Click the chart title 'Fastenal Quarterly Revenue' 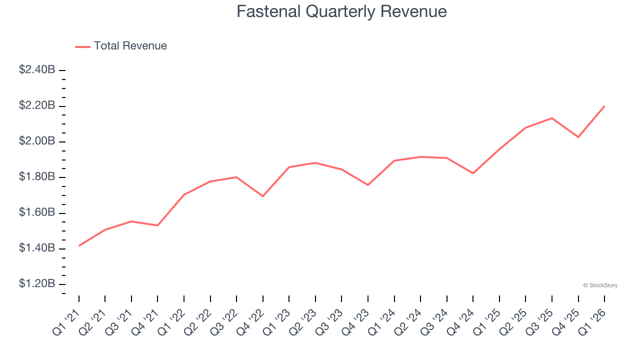pyautogui.click(x=341, y=11)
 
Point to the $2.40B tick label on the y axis pyautogui.click(x=37, y=70)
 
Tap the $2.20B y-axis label pyautogui.click(x=37, y=105)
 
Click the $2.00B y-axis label pyautogui.click(x=37, y=141)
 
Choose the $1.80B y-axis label pyautogui.click(x=37, y=177)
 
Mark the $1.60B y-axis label pyautogui.click(x=37, y=213)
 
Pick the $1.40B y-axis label pyautogui.click(x=37, y=248)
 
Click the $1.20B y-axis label pyautogui.click(x=37, y=284)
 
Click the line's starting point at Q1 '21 pyautogui.click(x=79, y=245)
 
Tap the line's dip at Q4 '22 pyautogui.click(x=263, y=196)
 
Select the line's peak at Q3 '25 pyautogui.click(x=552, y=118)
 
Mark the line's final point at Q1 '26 pyautogui.click(x=604, y=106)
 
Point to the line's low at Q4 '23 pyautogui.click(x=368, y=185)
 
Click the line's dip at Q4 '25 pyautogui.click(x=578, y=137)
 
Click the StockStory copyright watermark pyautogui.click(x=600, y=285)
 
